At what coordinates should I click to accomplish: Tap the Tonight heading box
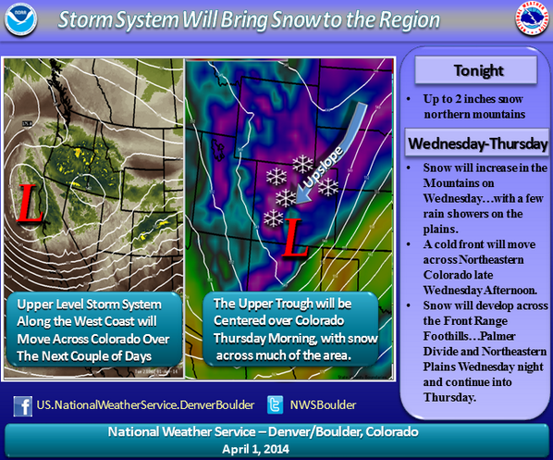point(473,70)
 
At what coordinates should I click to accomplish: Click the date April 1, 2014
point(276,446)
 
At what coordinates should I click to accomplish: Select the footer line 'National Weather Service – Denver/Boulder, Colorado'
point(276,430)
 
